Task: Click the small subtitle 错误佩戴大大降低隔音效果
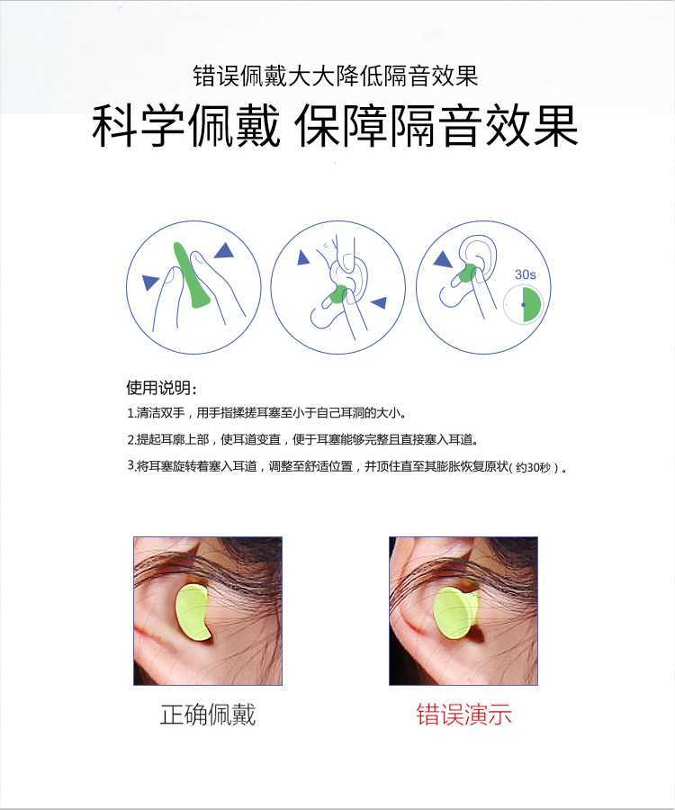point(336,76)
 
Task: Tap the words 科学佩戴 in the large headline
point(186,125)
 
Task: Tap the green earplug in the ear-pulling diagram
point(338,294)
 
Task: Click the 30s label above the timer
point(526,274)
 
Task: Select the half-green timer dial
point(524,305)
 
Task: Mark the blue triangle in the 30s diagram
point(443,259)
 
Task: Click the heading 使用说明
point(161,388)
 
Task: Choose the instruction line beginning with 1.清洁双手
point(266,413)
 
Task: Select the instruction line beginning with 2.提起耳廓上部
point(302,439)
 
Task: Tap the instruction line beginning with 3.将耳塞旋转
point(347,466)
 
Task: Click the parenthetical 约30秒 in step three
point(535,467)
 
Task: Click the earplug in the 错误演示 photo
point(455,613)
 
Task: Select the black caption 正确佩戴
point(208,715)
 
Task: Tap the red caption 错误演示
point(463,715)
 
